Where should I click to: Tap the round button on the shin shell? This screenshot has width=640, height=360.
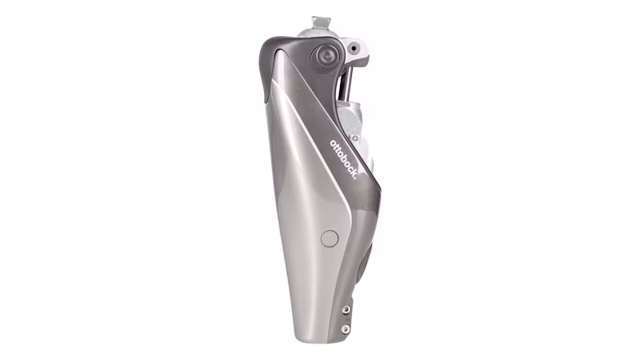point(328,238)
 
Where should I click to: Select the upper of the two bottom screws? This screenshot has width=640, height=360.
point(345,311)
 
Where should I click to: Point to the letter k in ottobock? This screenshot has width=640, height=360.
point(353,172)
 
